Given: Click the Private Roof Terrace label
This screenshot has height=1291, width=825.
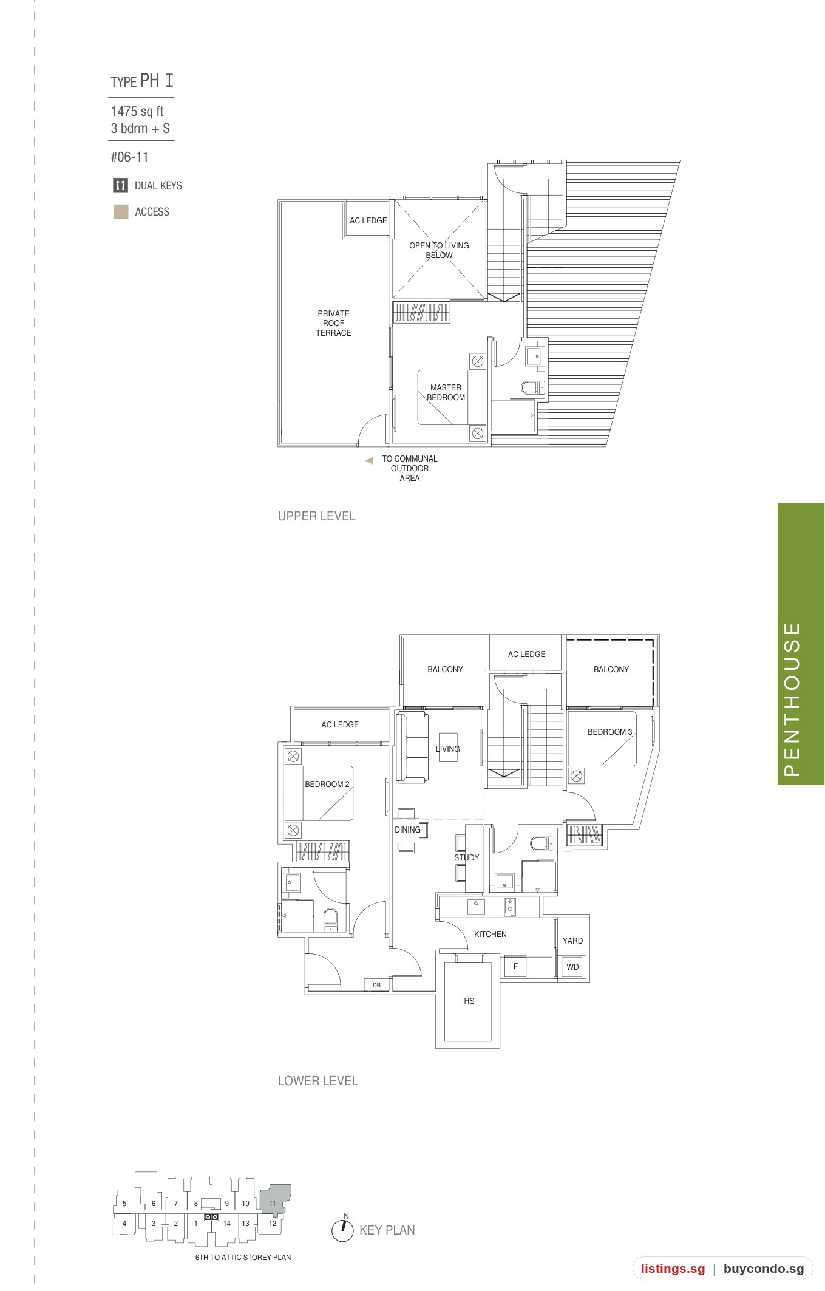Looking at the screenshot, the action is point(333,323).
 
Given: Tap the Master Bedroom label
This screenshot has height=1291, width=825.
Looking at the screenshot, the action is point(446,392).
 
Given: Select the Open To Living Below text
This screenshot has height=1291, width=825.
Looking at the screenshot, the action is point(439,250).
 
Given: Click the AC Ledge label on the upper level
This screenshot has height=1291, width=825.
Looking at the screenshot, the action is point(368,220).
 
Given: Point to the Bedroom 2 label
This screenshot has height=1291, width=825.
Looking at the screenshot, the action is point(327,784).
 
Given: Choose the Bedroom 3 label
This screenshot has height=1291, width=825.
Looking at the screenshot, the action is point(609,732).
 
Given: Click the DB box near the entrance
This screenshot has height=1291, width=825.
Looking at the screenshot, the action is point(376,985).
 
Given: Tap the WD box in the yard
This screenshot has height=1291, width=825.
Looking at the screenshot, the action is point(572,967).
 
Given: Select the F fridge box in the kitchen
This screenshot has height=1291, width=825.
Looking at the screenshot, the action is point(515,966).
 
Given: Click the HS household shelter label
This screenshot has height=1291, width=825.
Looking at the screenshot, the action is point(469,1001).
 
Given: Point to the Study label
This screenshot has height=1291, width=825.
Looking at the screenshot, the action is point(466,857).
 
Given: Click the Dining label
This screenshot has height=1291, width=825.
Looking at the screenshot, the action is point(407,829).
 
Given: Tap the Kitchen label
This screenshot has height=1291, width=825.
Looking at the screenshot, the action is point(490,934).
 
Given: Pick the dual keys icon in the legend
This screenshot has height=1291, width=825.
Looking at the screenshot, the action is point(120,185).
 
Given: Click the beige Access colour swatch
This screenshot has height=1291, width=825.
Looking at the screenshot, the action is point(121,212).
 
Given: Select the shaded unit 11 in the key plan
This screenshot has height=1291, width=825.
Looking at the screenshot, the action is point(275,1198).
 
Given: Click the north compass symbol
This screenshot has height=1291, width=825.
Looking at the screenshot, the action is point(342,1230).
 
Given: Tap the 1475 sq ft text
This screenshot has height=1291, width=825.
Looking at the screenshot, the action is point(137,111).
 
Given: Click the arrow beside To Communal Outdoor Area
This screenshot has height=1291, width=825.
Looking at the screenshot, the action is point(369,461).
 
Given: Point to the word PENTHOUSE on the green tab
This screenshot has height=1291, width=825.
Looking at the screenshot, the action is point(792,699).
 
